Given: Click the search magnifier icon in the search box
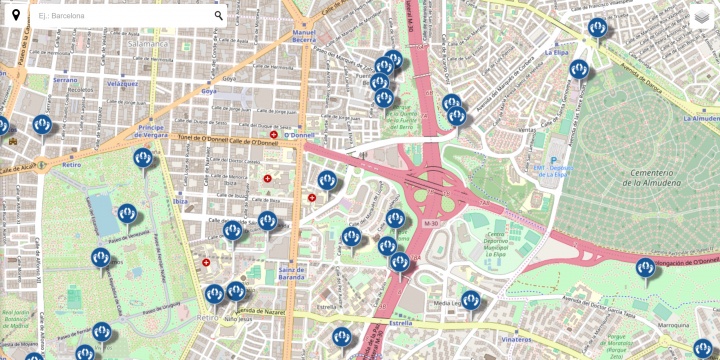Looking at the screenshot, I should tap(218, 15).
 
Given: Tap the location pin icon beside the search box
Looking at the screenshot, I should tap(15, 15).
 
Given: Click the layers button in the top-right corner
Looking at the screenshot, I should tap(702, 16).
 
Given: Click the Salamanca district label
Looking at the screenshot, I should tap(148, 45).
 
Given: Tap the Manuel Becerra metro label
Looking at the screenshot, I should tap(304, 36).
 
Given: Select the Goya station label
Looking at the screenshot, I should tap(209, 90).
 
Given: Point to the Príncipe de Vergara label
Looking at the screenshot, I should tap(157, 130).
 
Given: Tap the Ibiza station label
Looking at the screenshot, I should tap(180, 201).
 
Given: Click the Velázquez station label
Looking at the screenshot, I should tap(122, 83).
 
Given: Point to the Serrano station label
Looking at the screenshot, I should tap(65, 79).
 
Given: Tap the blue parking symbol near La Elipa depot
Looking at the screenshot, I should tap(539, 160).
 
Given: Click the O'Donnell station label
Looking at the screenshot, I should tap(299, 134).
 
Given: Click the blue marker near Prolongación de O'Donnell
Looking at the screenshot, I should tap(645, 268).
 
